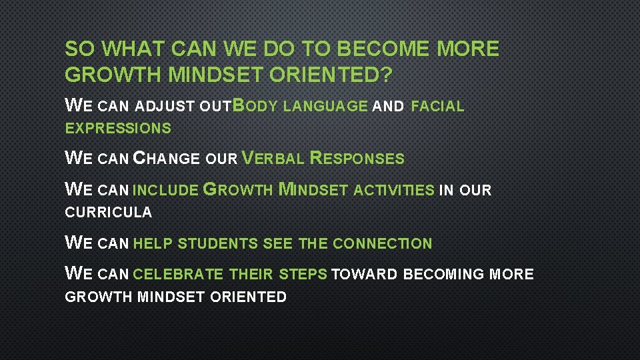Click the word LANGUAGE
[325, 106]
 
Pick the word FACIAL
[437, 106]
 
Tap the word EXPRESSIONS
[118, 129]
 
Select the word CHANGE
[167, 159]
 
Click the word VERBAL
[273, 159]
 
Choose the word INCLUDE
[165, 191]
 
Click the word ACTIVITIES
[393, 191]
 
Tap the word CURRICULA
[108, 213]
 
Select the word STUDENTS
[218, 244]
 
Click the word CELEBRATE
[178, 275]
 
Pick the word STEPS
[303, 275]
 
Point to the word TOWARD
[363, 275]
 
